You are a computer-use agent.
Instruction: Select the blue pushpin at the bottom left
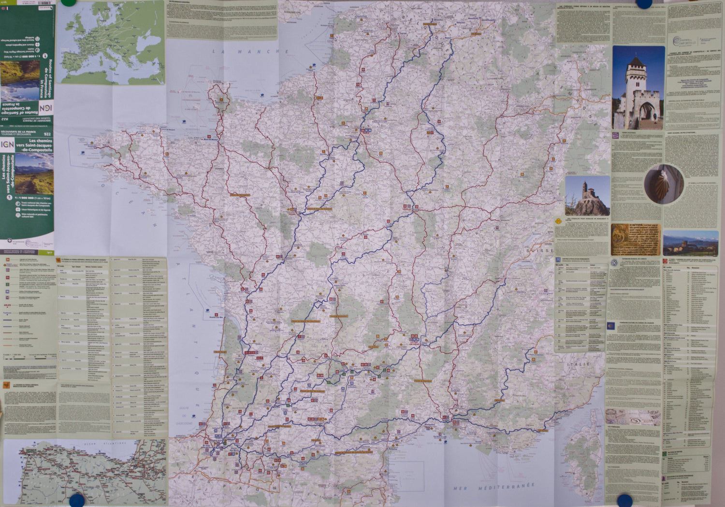coord(77,501)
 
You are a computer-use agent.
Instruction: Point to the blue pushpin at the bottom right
coord(625,500)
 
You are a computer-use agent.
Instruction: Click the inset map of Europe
coord(111,43)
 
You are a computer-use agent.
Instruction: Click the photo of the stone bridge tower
coord(638,87)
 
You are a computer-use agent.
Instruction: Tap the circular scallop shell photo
coord(664,184)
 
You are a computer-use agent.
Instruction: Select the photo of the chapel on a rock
coord(587,196)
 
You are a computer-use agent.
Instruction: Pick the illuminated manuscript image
coord(635,239)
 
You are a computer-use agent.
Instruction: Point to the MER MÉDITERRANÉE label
coord(493,487)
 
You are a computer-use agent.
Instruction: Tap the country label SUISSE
coord(540,251)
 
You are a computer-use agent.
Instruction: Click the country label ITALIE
coord(578,364)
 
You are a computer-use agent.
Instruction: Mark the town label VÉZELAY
coord(409,210)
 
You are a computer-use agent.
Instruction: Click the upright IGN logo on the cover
coord(7,144)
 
